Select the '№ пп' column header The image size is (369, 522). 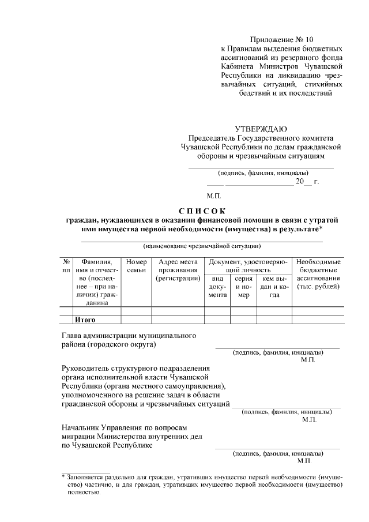66,266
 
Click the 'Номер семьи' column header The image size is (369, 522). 136,266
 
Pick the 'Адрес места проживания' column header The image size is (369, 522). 178,270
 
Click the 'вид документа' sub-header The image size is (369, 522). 217,287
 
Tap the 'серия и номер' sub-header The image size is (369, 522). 244,287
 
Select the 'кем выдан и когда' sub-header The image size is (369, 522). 274,287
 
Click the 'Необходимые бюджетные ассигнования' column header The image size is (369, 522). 318,275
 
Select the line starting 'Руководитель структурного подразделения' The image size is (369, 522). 135,368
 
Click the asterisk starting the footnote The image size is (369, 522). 63,478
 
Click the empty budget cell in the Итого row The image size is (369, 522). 318,320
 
